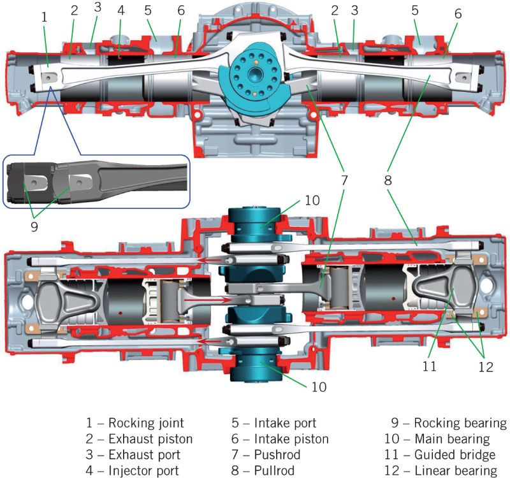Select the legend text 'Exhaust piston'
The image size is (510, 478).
pyautogui.click(x=150, y=438)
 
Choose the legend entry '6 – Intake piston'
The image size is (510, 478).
pyautogui.click(x=281, y=438)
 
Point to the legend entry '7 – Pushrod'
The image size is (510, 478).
pyautogui.click(x=268, y=454)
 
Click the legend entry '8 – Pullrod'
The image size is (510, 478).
pyautogui.click(x=265, y=470)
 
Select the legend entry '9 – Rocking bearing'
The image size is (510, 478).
pyautogui.click(x=449, y=423)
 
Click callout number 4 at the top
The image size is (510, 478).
pyautogui.click(x=121, y=11)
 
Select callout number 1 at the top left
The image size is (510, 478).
pyautogui.click(x=45, y=17)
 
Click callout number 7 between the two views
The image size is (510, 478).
pyautogui.click(x=344, y=180)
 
